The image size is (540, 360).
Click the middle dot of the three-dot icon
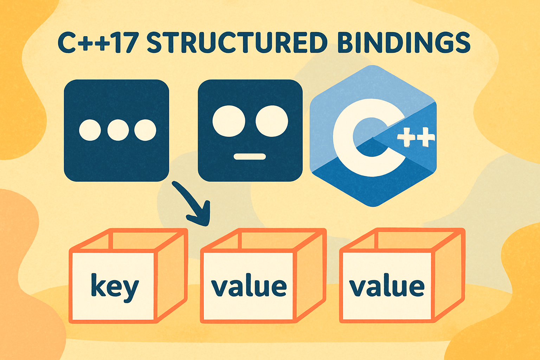[118, 130]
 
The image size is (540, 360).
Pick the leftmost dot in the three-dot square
[90, 130]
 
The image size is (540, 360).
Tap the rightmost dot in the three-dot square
[145, 130]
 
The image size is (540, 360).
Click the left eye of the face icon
[229, 121]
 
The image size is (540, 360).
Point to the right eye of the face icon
[272, 121]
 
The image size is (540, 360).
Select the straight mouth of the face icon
[250, 156]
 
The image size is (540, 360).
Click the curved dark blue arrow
[193, 205]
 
